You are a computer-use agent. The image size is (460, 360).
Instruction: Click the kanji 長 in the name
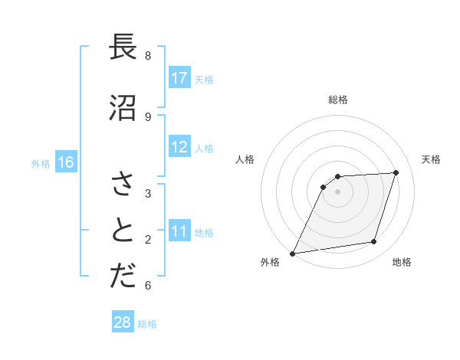(x=122, y=47)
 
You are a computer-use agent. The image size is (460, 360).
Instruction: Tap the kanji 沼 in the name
(x=122, y=107)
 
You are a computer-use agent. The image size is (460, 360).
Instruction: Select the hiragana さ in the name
(x=122, y=185)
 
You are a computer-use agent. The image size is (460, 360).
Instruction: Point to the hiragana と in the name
(x=122, y=230)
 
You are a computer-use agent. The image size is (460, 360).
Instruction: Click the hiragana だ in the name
(x=122, y=277)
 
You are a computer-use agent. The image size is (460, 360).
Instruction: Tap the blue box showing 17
(x=179, y=77)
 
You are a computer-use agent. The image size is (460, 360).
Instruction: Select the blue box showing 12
(x=179, y=147)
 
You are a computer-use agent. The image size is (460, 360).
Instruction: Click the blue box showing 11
(x=179, y=231)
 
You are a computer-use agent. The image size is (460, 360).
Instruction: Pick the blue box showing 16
(x=65, y=162)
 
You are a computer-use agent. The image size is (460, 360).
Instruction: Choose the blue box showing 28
(x=123, y=322)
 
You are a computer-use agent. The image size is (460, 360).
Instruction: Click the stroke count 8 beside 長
(x=148, y=56)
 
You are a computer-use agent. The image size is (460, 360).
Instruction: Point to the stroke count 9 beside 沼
(x=148, y=116)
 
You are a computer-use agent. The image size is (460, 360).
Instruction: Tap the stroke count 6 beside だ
(x=148, y=286)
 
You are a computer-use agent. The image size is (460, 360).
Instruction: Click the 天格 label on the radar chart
(x=431, y=159)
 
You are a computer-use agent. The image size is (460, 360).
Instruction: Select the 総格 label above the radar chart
(x=338, y=100)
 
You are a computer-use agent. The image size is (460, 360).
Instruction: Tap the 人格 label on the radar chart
(x=245, y=159)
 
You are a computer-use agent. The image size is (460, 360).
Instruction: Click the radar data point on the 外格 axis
(x=292, y=253)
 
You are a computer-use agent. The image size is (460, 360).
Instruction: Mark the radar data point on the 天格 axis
(x=396, y=172)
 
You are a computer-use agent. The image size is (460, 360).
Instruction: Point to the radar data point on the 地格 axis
(x=374, y=242)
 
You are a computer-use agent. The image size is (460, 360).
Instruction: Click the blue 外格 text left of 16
(x=40, y=163)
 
